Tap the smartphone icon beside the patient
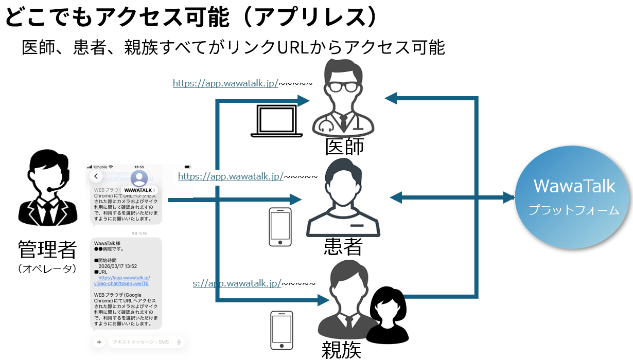[280, 226]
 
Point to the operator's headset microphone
[50, 189]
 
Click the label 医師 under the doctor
[344, 147]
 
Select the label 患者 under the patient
[343, 247]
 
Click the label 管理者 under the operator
[47, 250]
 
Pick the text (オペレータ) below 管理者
[47, 268]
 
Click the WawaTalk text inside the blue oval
[574, 186]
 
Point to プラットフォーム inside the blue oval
[574, 210]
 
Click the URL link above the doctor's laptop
[225, 83]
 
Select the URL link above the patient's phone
[231, 176]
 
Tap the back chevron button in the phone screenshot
[96, 176]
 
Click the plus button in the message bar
[99, 342]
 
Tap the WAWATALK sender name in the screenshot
[138, 190]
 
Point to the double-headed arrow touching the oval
[452, 197]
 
